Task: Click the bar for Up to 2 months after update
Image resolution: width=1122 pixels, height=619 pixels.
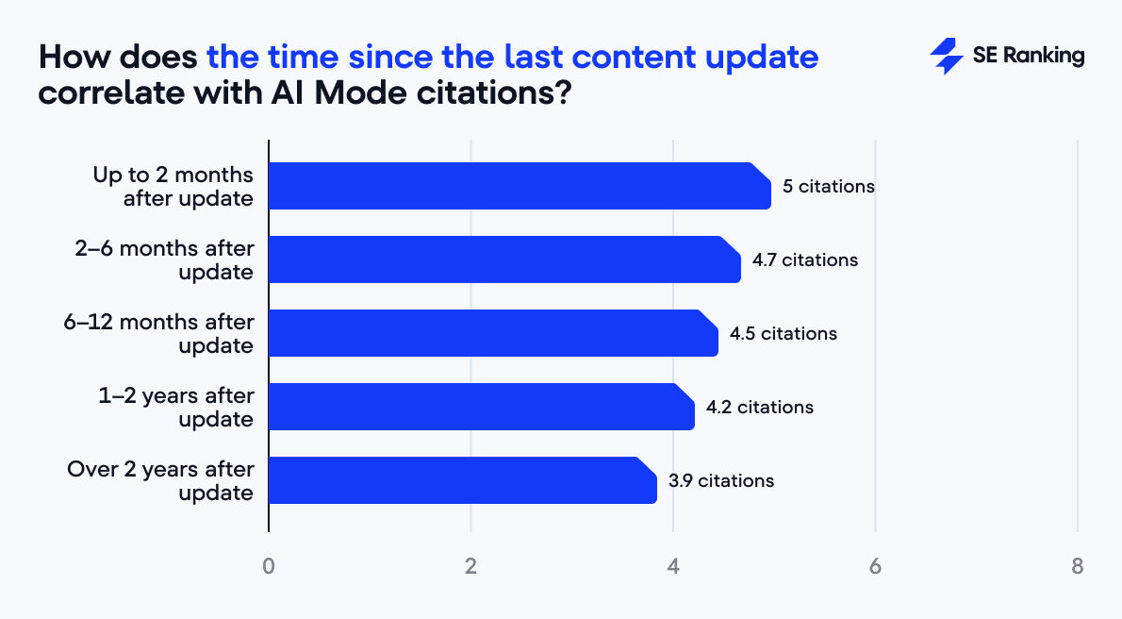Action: click(520, 186)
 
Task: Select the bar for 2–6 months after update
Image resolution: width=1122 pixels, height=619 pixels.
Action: click(504, 259)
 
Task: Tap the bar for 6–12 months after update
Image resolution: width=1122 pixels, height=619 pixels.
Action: click(493, 333)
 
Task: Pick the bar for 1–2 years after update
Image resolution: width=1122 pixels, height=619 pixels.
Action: click(482, 407)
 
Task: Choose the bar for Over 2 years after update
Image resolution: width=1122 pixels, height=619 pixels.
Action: click(462, 480)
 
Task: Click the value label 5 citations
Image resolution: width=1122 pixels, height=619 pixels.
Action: click(829, 187)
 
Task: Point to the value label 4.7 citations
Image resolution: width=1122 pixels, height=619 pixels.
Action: click(805, 260)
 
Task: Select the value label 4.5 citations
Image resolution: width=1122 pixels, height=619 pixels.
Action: click(783, 334)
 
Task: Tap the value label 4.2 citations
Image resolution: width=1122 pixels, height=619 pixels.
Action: click(760, 408)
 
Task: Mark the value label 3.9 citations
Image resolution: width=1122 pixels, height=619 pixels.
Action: click(721, 481)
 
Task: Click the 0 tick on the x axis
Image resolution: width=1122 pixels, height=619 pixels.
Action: click(269, 567)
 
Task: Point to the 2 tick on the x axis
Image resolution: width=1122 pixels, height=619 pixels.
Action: click(470, 567)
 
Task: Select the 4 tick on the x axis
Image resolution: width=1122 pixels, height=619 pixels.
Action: click(672, 567)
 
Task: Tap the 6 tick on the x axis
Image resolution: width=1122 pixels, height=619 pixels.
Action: click(875, 567)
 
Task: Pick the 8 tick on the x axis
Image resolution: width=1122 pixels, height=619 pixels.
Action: click(1077, 567)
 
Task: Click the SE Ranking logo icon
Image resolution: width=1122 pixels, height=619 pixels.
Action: click(946, 57)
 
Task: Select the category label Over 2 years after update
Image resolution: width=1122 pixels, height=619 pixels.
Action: click(160, 481)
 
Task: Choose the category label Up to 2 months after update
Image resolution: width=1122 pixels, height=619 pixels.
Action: click(173, 187)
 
